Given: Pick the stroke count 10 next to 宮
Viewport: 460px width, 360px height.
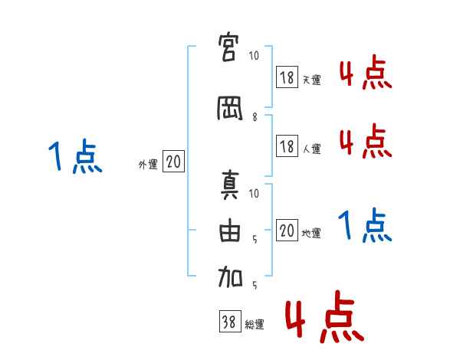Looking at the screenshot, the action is (x=255, y=56).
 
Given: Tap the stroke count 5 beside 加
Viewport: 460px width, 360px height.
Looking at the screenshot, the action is (x=255, y=285).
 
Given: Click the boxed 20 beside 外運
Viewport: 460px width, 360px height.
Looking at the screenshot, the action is (x=173, y=162).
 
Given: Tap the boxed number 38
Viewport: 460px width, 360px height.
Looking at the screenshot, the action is (x=229, y=322).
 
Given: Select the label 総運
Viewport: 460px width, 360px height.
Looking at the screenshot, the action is (x=254, y=326).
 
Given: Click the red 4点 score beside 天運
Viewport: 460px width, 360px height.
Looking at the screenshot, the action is (x=365, y=75).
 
